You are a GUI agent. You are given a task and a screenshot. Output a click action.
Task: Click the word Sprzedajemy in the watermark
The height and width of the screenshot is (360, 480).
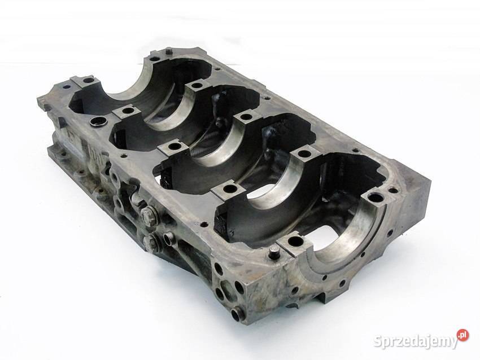(x=416, y=341)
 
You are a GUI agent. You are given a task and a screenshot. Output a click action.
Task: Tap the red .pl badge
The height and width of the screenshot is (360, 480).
(x=463, y=335)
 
